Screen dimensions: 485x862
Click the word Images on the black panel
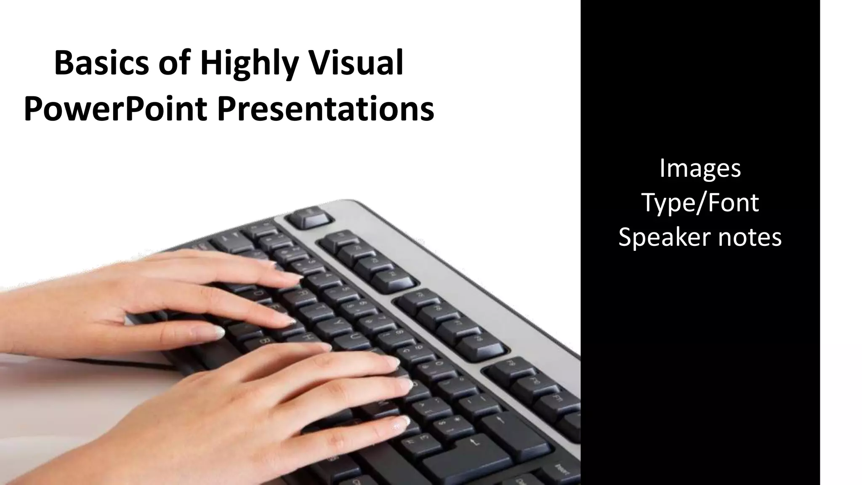coord(700,168)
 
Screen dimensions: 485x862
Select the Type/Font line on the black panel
coord(700,203)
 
